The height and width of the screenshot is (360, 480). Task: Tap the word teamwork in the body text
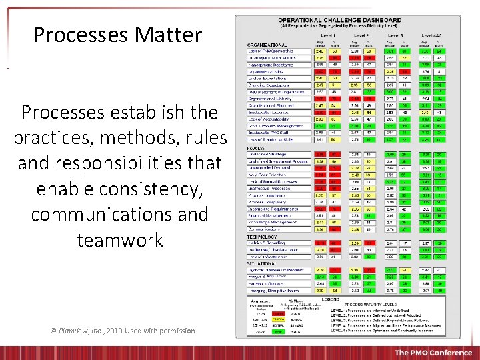pyautogui.click(x=120, y=239)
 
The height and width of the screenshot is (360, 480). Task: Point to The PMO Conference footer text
pyautogui.click(x=433, y=352)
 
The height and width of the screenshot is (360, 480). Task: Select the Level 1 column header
pyautogui.click(x=327, y=35)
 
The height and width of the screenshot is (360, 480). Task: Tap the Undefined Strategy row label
pyautogui.click(x=270, y=154)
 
